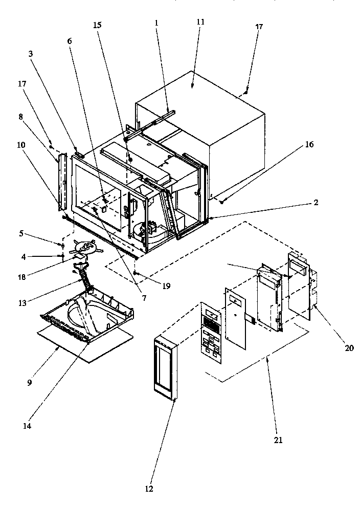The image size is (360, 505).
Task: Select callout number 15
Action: click(97, 25)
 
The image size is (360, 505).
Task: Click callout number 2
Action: click(317, 203)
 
